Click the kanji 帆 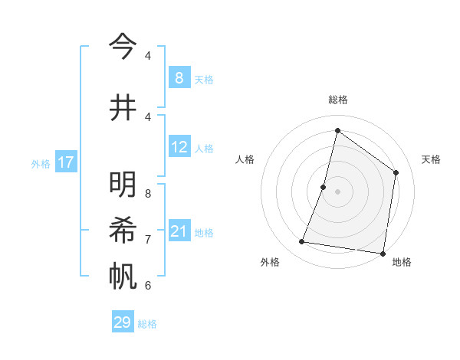pyautogui.click(x=122, y=275)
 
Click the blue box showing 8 pyautogui.click(x=179, y=78)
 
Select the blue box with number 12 pyautogui.click(x=179, y=147)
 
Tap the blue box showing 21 pyautogui.click(x=179, y=231)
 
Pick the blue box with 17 pyautogui.click(x=65, y=162)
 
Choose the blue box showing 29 pyautogui.click(x=123, y=322)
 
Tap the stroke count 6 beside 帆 pyautogui.click(x=148, y=286)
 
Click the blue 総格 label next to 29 pyautogui.click(x=147, y=324)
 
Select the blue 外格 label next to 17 pyautogui.click(x=41, y=163)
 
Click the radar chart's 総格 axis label pyautogui.click(x=337, y=100)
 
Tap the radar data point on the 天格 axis pyautogui.click(x=396, y=172)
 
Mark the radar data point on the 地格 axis pyautogui.click(x=382, y=253)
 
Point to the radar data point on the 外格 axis pyautogui.click(x=301, y=242)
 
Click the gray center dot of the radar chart pyautogui.click(x=337, y=191)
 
